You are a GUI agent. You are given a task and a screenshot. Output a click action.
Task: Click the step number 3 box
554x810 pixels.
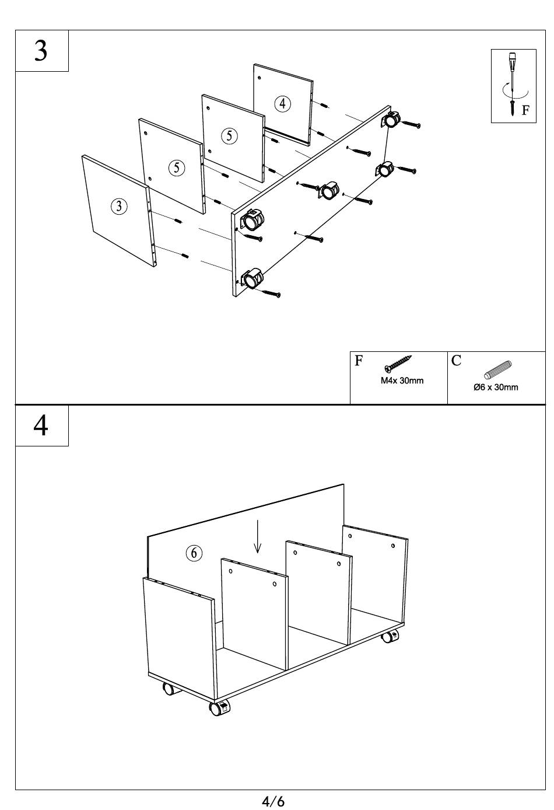(x=41, y=51)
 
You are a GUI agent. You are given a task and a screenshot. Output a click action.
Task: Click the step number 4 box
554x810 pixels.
(x=41, y=425)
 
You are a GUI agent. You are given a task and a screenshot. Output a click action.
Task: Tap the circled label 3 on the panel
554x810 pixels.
(x=119, y=205)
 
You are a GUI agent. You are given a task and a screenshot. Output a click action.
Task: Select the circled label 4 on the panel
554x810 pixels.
(x=282, y=103)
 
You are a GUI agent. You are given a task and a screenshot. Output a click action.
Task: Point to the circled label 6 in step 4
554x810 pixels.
(x=194, y=553)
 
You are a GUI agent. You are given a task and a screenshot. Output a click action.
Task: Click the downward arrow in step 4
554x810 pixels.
(x=257, y=536)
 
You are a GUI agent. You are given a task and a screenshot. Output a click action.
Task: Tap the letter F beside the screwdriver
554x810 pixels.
(x=525, y=110)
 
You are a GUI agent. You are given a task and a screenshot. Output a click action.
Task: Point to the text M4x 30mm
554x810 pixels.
(x=402, y=381)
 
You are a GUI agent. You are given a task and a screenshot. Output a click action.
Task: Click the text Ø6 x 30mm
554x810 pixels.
(x=496, y=387)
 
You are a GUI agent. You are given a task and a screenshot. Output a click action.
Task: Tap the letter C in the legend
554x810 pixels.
(x=456, y=361)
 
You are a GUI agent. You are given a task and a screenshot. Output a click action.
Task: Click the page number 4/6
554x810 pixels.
(x=273, y=801)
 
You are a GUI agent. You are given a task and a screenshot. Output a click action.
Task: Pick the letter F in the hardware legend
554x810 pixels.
(x=359, y=361)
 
